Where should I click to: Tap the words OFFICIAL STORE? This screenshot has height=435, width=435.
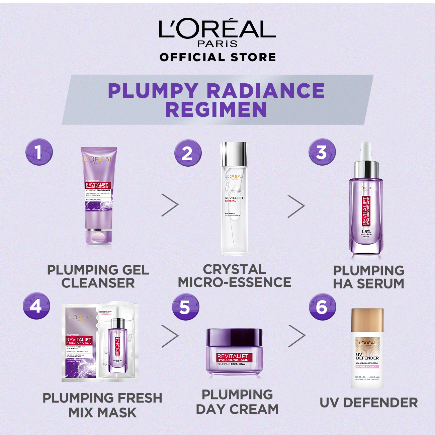click(217, 57)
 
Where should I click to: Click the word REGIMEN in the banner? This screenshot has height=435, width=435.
click(216, 110)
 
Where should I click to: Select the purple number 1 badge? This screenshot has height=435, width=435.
click(39, 152)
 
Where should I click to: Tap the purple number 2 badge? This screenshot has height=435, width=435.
click(188, 153)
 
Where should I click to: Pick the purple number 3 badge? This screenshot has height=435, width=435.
click(322, 152)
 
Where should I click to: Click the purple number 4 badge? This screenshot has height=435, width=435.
click(36, 306)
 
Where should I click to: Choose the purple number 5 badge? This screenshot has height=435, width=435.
click(185, 307)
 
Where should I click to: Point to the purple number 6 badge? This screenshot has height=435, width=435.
click(322, 307)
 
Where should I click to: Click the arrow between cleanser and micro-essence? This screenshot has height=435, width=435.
click(170, 204)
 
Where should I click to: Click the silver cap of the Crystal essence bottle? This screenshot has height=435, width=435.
click(234, 154)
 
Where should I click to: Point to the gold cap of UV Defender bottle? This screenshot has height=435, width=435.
click(367, 321)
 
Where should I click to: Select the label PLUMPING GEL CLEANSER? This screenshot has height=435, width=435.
click(98, 276)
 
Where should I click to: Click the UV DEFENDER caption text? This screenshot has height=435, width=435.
click(368, 403)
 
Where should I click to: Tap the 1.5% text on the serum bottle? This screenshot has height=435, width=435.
click(366, 231)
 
